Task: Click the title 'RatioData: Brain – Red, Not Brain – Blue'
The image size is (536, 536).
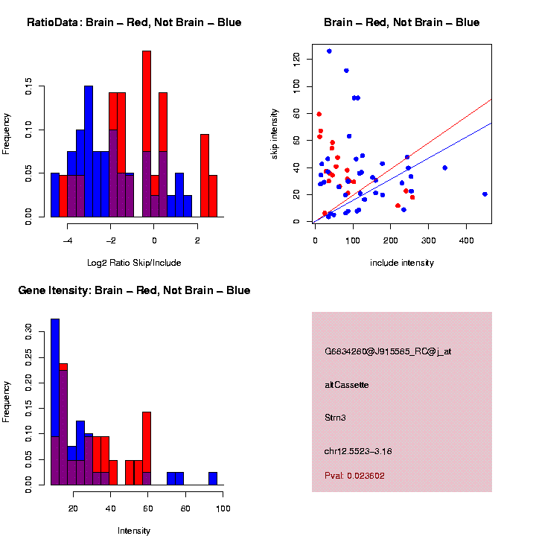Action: tap(134, 22)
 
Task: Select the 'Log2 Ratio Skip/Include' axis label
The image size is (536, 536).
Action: tap(134, 262)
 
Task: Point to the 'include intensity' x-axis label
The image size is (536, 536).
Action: tap(402, 263)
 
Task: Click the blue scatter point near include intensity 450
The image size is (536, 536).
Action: tap(485, 194)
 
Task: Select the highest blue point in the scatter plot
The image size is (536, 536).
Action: tap(329, 51)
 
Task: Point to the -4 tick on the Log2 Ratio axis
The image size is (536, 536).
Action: tap(67, 240)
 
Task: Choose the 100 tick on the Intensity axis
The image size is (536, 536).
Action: tap(223, 508)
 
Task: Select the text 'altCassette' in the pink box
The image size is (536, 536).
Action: tap(346, 385)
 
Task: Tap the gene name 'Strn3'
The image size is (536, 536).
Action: tap(336, 418)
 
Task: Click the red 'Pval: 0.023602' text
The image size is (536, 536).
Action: tap(354, 476)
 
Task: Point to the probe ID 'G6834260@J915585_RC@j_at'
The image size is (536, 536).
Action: tap(388, 351)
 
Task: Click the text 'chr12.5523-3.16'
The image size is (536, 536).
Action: tap(358, 451)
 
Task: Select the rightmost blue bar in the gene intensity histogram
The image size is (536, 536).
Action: tap(213, 478)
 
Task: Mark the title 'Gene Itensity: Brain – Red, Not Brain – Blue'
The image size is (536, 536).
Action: tap(134, 290)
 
